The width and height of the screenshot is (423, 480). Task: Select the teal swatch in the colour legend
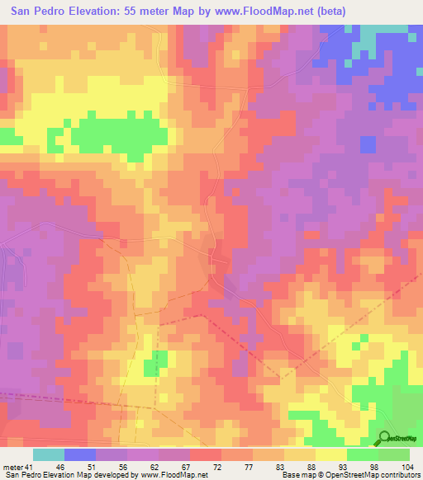pyautogui.click(x=49, y=454)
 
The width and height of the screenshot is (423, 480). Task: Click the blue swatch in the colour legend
pyautogui.click(x=80, y=454)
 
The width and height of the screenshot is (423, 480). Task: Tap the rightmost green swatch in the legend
pyautogui.click(x=394, y=454)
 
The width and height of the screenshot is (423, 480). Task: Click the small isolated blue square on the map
pyautogui.click(x=368, y=144)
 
